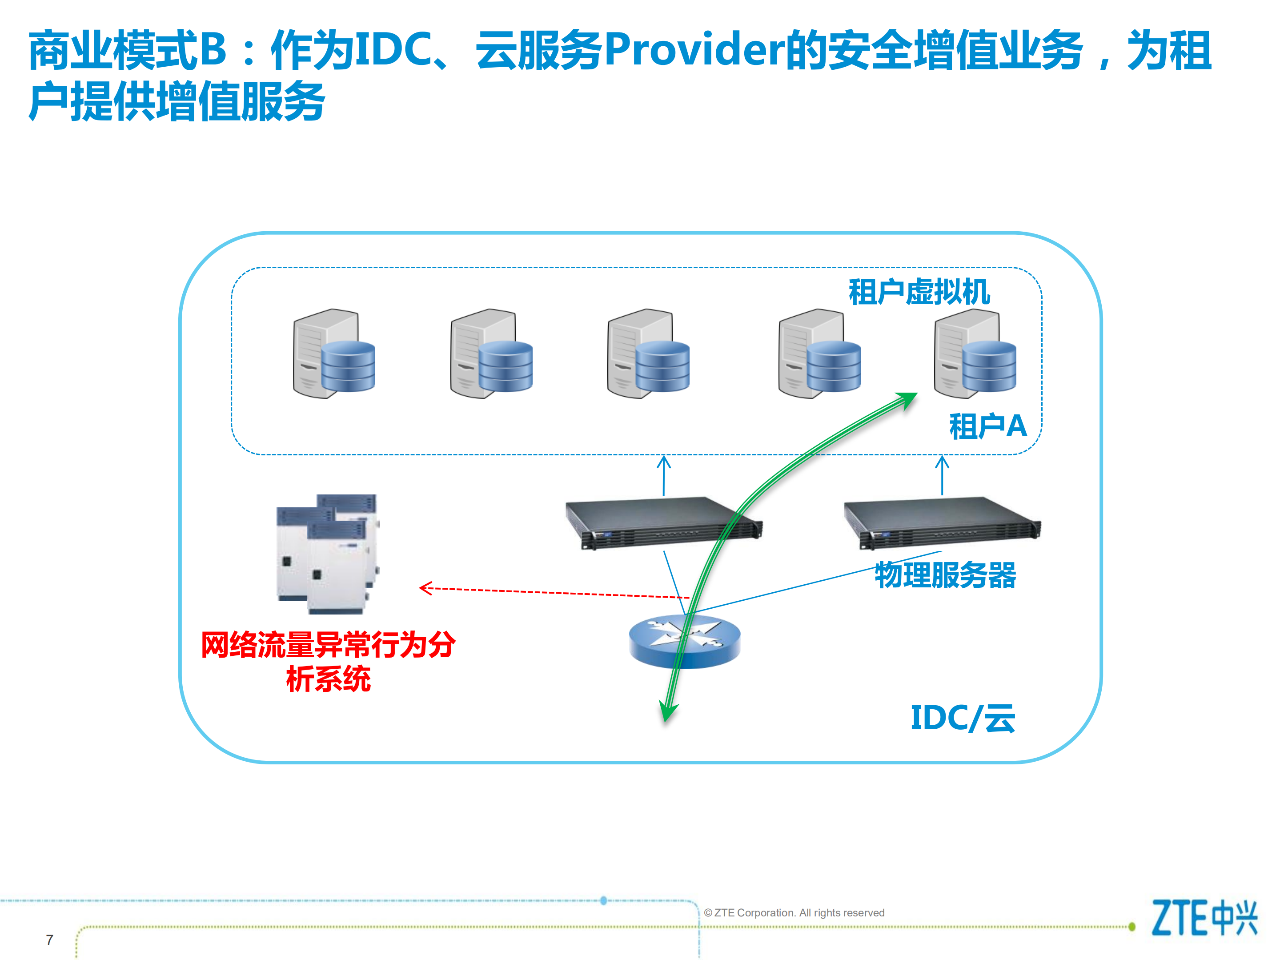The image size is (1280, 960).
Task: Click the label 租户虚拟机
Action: [919, 292]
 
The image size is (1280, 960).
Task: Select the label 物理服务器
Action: [945, 575]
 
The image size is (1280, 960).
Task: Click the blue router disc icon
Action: [685, 641]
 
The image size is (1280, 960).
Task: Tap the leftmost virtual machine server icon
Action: [334, 353]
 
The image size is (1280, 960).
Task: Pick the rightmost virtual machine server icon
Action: [975, 353]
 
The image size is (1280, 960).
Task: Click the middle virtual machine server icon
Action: [648, 353]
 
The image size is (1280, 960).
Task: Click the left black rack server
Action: [663, 522]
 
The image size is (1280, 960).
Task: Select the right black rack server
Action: [942, 522]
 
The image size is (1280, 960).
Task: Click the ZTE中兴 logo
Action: [1204, 918]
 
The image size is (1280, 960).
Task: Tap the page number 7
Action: [50, 940]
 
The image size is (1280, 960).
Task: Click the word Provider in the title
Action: [695, 50]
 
